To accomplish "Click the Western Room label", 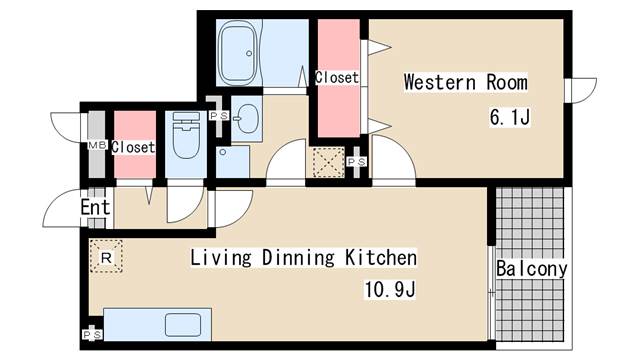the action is pos(465,82).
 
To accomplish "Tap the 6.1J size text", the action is pos(510,118).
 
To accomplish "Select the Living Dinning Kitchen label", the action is pos(304,258).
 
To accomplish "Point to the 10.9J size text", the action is pos(390,290).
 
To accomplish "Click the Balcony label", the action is pos(531,269).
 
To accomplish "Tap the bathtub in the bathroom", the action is pos(238,53).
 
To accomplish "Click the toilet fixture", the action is pos(186,136).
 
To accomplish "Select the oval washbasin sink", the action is pos(247,118).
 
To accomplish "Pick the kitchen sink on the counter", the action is pos(183,325).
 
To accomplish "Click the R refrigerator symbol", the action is pos(106,257).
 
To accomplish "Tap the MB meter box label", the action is pos(97,144).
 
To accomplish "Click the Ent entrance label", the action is pos(95,207).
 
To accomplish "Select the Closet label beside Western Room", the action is pos(337,77).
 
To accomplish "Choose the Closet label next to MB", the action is pos(133,147).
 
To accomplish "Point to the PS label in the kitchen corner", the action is pos(92,335).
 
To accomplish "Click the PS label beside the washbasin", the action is pos(219,116).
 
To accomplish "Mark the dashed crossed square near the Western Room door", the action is pos(329,162).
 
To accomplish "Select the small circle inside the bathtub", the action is pos(249,53).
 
